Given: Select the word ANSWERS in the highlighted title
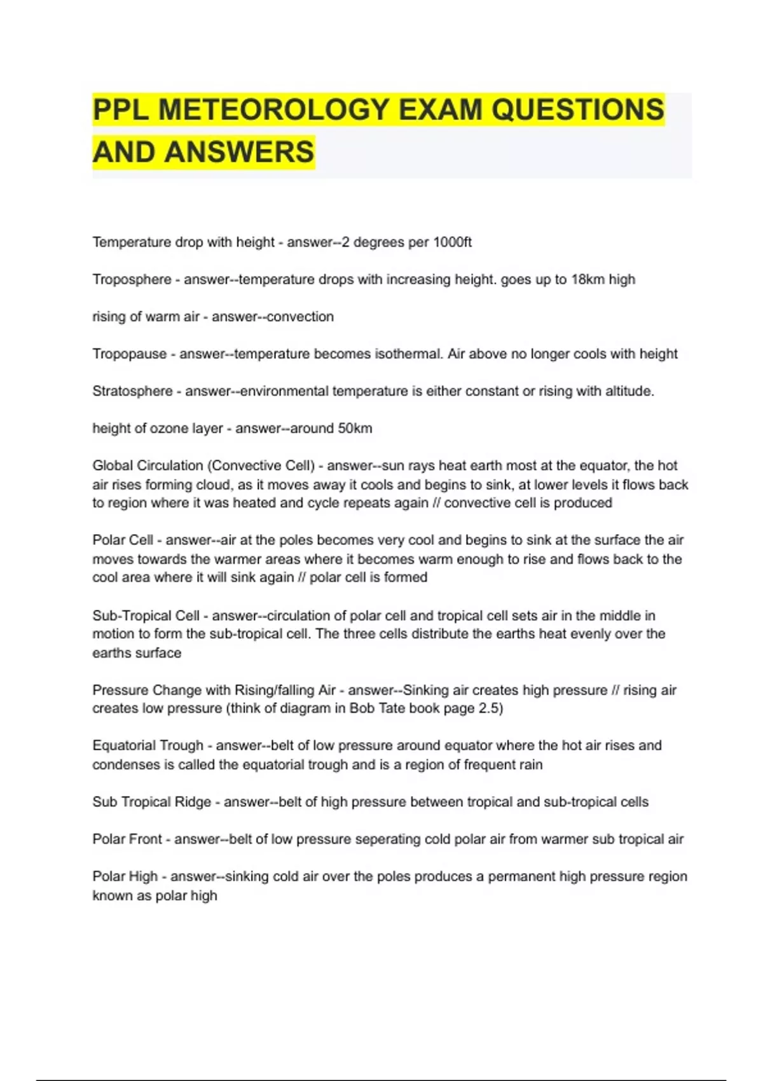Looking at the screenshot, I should (240, 153).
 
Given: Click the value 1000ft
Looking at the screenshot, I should (452, 242).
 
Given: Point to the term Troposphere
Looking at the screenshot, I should (132, 280).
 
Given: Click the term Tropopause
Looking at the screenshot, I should (130, 354).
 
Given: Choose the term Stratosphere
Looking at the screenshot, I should (132, 391).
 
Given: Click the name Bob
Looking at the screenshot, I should (363, 708).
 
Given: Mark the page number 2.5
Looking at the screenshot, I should (490, 708).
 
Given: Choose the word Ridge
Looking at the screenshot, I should (193, 802).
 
